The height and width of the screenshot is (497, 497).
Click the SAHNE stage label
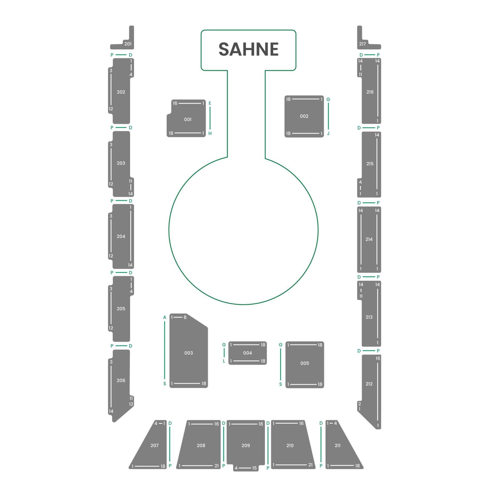pyautogui.click(x=248, y=49)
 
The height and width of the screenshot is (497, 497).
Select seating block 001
pyautogui.click(x=186, y=118)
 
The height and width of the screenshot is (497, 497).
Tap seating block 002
pyautogui.click(x=304, y=116)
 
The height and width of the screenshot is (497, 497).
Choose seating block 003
pyautogui.click(x=188, y=351)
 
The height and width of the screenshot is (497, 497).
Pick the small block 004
pyautogui.click(x=247, y=353)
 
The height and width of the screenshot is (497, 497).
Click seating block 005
pyautogui.click(x=305, y=365)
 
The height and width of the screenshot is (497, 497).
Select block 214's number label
pyautogui.click(x=369, y=239)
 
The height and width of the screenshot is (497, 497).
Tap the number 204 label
pyautogui.click(x=121, y=236)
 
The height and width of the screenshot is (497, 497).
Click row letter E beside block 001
pyautogui.click(x=210, y=103)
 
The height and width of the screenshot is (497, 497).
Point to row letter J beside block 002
pyautogui.click(x=328, y=134)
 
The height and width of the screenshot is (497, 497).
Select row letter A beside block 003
pyautogui.click(x=165, y=317)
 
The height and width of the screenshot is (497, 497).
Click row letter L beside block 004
pyautogui.click(x=224, y=361)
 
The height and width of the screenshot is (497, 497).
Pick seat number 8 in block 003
pyautogui.click(x=185, y=317)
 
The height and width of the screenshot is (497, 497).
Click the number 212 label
pyautogui.click(x=369, y=384)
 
